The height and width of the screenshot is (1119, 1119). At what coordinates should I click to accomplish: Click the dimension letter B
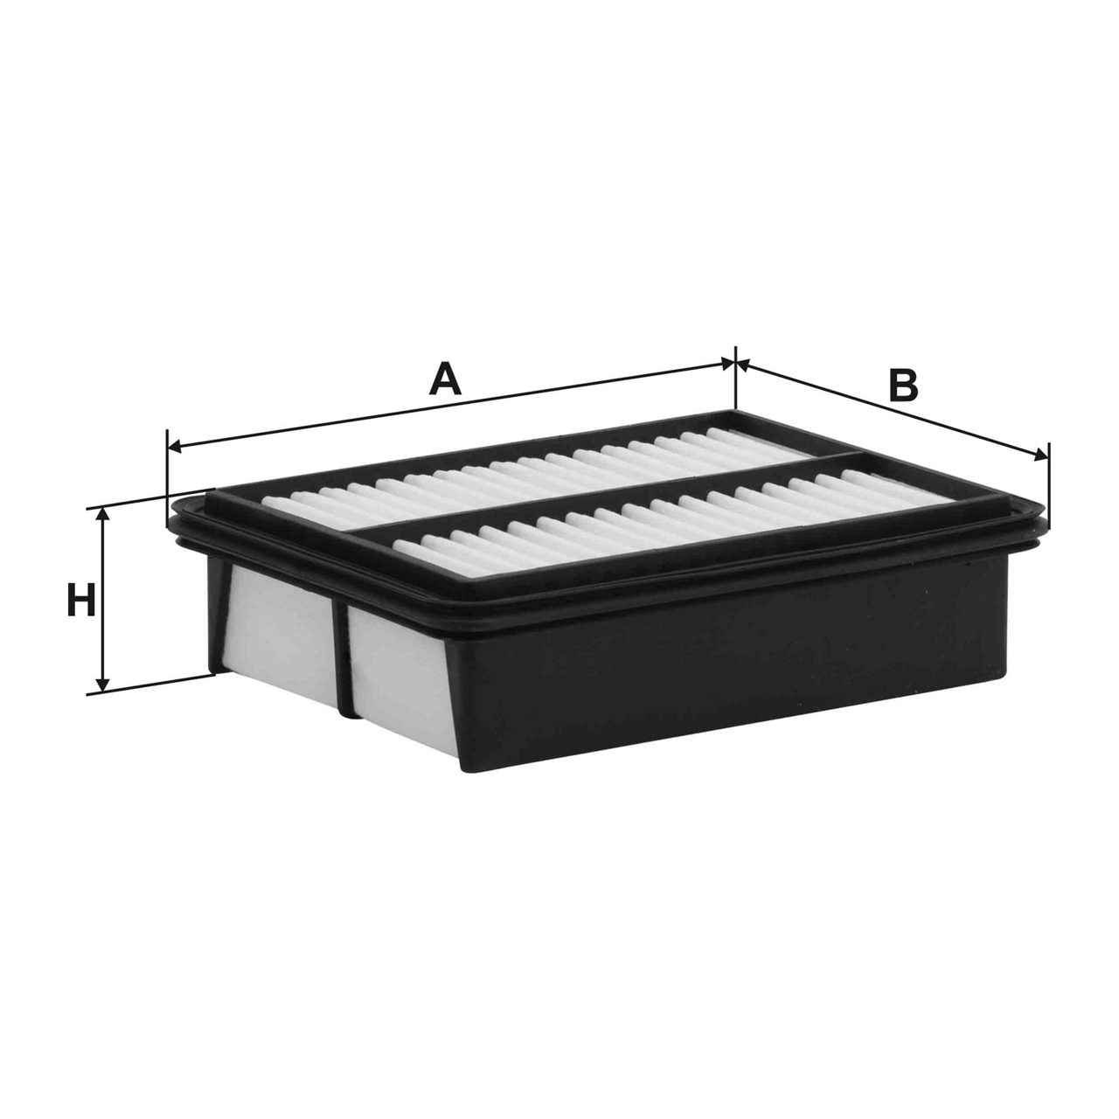(903, 386)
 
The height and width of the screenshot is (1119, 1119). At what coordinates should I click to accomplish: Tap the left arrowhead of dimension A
(174, 448)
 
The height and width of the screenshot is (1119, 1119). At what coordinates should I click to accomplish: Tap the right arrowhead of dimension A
(727, 361)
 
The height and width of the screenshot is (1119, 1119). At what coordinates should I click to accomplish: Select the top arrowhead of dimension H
(104, 516)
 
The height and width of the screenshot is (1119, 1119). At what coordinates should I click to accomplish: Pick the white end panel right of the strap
(398, 673)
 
